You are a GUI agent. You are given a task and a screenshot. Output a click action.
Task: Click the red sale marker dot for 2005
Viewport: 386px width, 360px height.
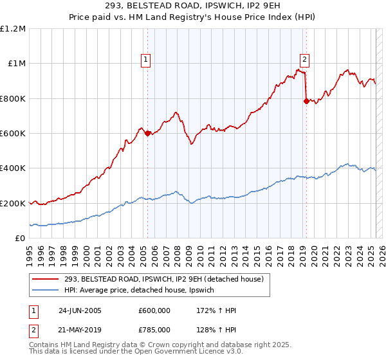(147, 134)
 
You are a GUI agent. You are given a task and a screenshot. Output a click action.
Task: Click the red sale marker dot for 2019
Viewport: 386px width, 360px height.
(306, 101)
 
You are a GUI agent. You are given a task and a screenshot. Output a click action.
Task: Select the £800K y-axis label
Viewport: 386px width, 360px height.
(13, 99)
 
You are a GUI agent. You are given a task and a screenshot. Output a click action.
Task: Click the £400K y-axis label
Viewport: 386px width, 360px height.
(13, 168)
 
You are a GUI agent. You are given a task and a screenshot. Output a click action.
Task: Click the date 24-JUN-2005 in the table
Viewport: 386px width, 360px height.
(80, 310)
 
